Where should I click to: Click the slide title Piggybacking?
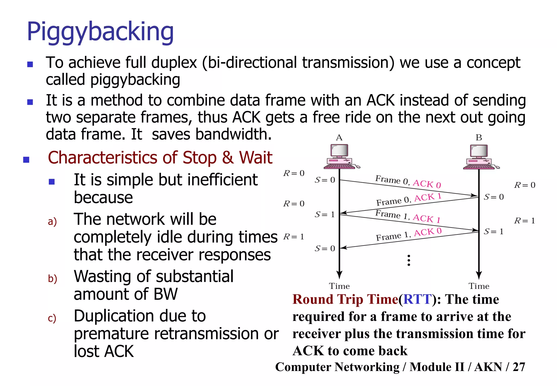(x=100, y=32)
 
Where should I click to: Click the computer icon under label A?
(x=340, y=157)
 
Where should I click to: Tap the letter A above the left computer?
(x=339, y=137)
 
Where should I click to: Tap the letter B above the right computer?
(x=479, y=137)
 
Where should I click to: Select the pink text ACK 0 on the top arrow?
(x=427, y=184)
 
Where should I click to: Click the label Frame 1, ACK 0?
(x=409, y=234)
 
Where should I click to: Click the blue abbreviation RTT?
(x=417, y=299)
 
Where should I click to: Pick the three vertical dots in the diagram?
(x=409, y=260)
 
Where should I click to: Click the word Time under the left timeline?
(x=339, y=286)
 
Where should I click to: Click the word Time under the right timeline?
(x=479, y=286)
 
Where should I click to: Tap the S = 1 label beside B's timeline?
(x=494, y=232)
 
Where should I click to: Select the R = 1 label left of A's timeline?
(x=293, y=237)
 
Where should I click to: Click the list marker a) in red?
(x=52, y=221)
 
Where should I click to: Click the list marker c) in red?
(x=52, y=318)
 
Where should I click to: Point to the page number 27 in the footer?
(x=519, y=367)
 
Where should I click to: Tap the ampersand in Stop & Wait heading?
(x=228, y=158)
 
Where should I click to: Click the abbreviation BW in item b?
(x=165, y=294)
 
